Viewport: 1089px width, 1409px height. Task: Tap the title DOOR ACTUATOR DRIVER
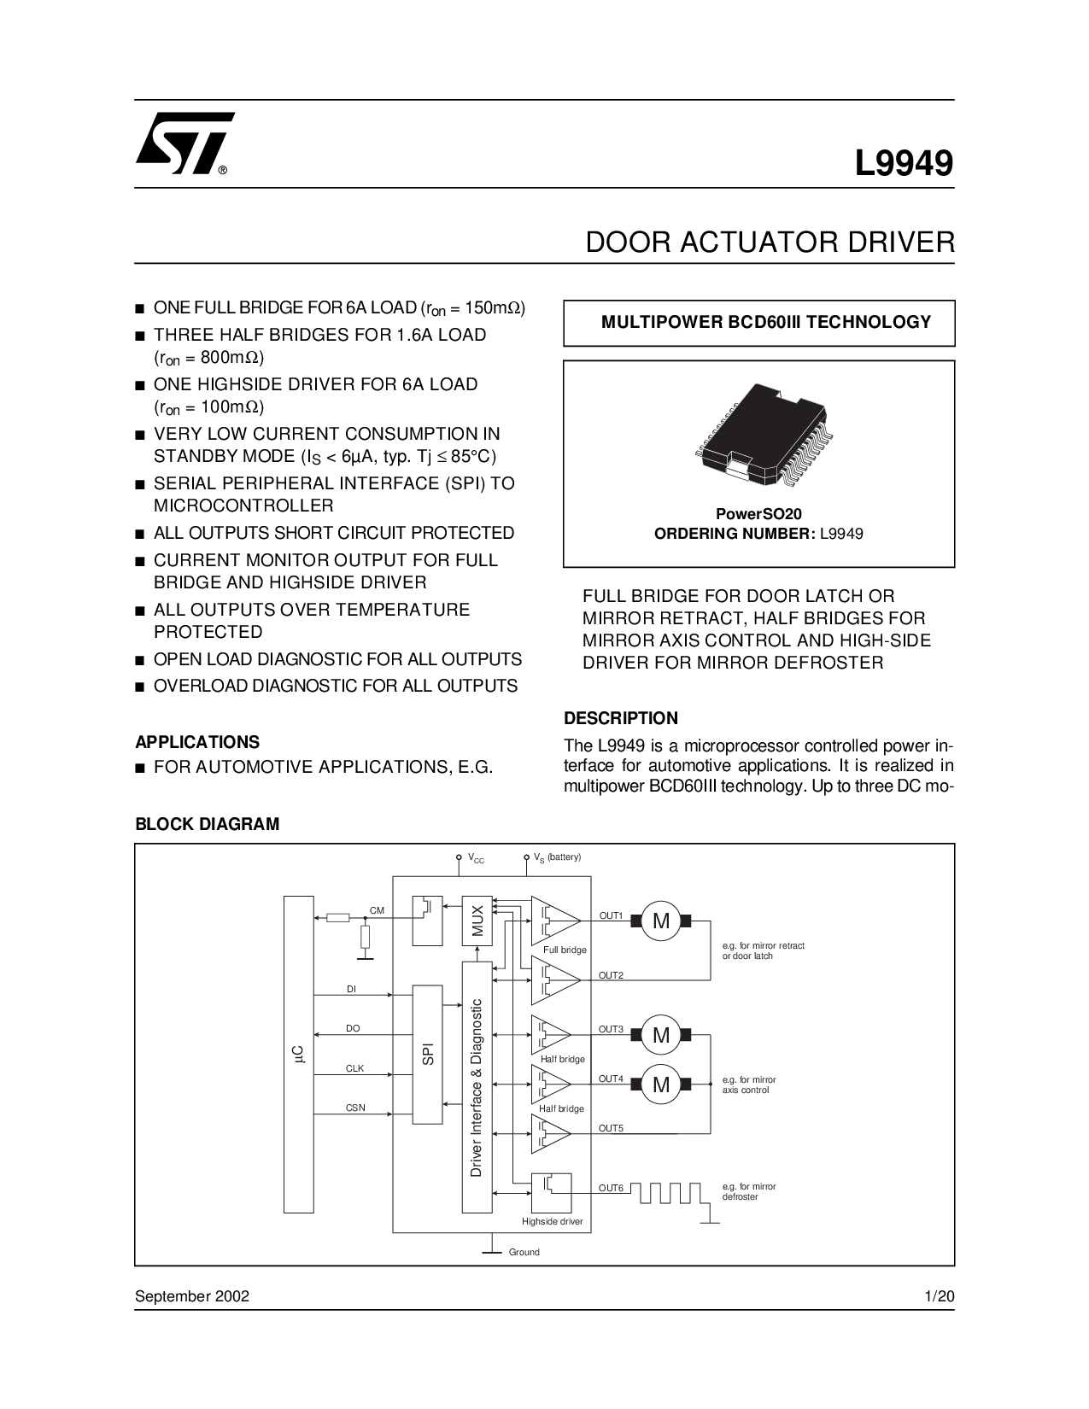(x=770, y=242)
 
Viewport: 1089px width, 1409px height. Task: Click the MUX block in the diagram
(x=477, y=920)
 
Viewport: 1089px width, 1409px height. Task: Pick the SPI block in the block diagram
(x=428, y=1054)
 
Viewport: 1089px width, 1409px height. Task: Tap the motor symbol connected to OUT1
(x=661, y=921)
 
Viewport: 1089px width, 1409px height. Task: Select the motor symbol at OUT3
(x=661, y=1035)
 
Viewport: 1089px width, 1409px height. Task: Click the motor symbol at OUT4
(x=661, y=1085)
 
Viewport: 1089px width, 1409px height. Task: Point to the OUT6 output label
(x=611, y=1188)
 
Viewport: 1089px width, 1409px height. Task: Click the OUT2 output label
(x=611, y=975)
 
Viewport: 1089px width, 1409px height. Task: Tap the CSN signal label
(x=355, y=1108)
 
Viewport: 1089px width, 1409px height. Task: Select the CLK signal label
(x=354, y=1068)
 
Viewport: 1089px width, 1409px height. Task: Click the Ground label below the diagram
(x=524, y=1252)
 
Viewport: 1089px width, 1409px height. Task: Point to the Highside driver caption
(x=552, y=1221)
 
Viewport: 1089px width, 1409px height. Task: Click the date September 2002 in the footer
(x=192, y=1296)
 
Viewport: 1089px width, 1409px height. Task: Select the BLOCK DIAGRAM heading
(x=208, y=824)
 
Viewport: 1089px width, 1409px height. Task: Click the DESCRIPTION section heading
(x=621, y=717)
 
